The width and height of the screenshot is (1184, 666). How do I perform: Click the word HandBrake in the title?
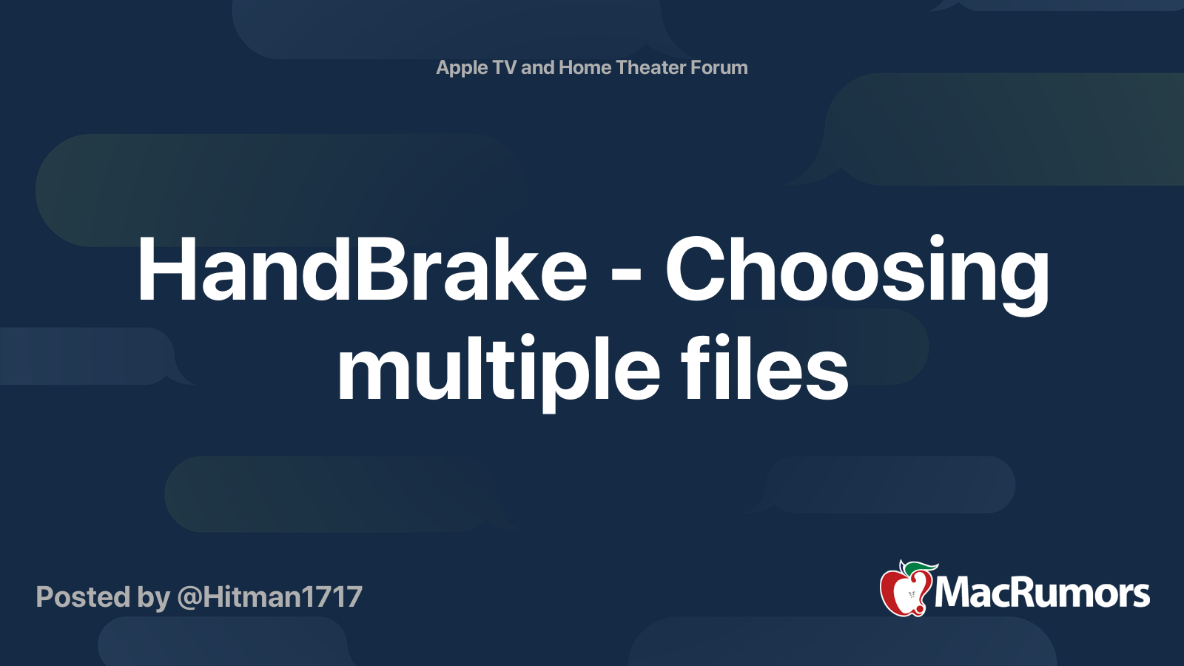362,271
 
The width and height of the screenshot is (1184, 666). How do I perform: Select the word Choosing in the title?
857,271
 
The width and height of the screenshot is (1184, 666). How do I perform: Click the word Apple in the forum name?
462,68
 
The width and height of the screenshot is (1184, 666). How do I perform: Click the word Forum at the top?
719,67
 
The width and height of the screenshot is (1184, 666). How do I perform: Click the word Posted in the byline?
83,597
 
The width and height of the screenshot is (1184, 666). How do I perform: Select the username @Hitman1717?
269,597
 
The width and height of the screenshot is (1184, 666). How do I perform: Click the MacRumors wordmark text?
1042,593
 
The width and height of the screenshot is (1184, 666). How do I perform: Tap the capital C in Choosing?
697,271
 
